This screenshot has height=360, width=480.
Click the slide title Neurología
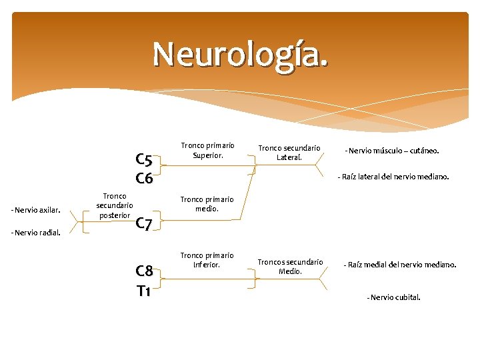(240, 54)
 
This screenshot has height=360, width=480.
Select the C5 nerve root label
(144, 160)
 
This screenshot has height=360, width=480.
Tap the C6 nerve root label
(144, 179)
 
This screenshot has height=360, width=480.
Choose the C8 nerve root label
(144, 271)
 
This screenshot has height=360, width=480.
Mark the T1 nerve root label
(144, 291)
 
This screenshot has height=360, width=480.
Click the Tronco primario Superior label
(207, 151)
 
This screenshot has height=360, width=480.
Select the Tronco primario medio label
(207, 204)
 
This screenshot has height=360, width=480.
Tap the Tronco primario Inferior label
(207, 260)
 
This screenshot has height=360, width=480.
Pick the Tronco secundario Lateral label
(289, 153)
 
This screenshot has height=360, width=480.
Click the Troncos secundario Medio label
(290, 267)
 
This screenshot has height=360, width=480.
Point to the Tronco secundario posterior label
(115, 205)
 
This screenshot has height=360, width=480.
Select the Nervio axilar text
(36, 211)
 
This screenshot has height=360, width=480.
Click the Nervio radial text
(36, 233)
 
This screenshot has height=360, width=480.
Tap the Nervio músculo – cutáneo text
(391, 151)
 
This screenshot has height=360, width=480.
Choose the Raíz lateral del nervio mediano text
(393, 177)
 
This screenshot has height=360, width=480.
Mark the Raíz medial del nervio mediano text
(400, 265)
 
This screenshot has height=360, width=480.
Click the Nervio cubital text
(393, 297)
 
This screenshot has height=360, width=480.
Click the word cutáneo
(423, 151)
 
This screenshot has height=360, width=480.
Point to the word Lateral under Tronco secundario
(289, 157)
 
